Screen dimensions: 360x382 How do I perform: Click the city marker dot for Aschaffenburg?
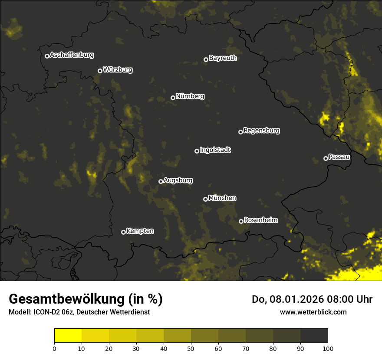coord(47,56)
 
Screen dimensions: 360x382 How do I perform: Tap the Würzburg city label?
coord(118,70)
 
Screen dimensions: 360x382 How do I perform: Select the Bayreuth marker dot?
coord(206,59)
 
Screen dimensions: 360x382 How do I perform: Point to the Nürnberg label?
coord(190,96)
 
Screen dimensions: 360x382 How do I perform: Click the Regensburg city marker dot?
coord(240,132)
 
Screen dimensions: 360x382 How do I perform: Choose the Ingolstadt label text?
coord(215,150)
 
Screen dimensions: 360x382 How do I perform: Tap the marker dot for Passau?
coord(326,158)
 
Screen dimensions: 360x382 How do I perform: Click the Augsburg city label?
coord(178,180)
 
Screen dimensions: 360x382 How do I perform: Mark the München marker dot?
coord(205,199)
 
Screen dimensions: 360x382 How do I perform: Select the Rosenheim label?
coord(260,220)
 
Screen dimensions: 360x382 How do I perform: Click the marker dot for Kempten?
coord(123,232)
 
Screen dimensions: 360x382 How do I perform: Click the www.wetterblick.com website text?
coord(313,312)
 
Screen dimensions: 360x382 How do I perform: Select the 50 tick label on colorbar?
coord(191,348)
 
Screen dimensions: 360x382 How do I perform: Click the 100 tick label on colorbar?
coord(328,348)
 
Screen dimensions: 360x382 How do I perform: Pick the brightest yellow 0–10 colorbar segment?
coord(68,336)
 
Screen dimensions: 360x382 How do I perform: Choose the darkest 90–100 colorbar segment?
coord(314,336)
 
